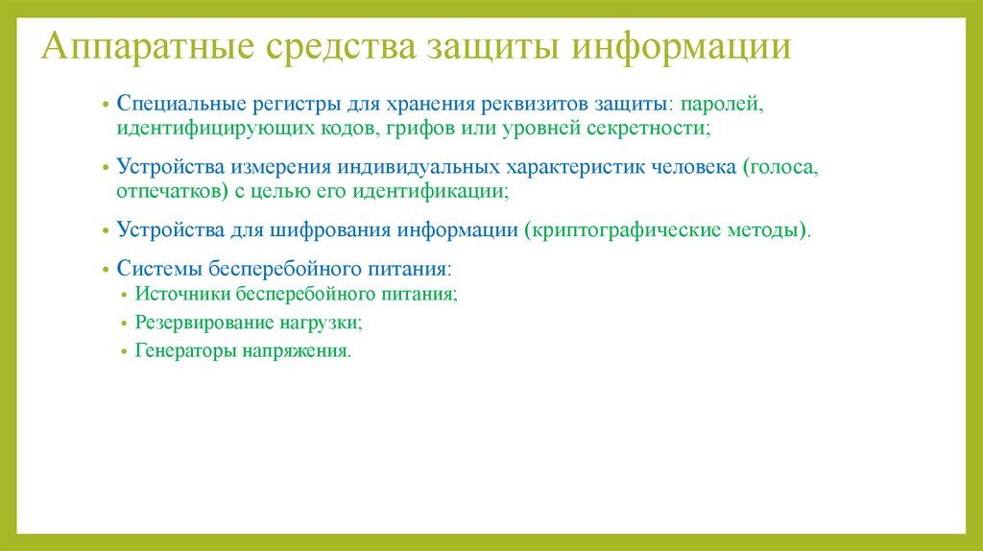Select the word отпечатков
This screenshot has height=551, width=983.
[165, 191]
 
